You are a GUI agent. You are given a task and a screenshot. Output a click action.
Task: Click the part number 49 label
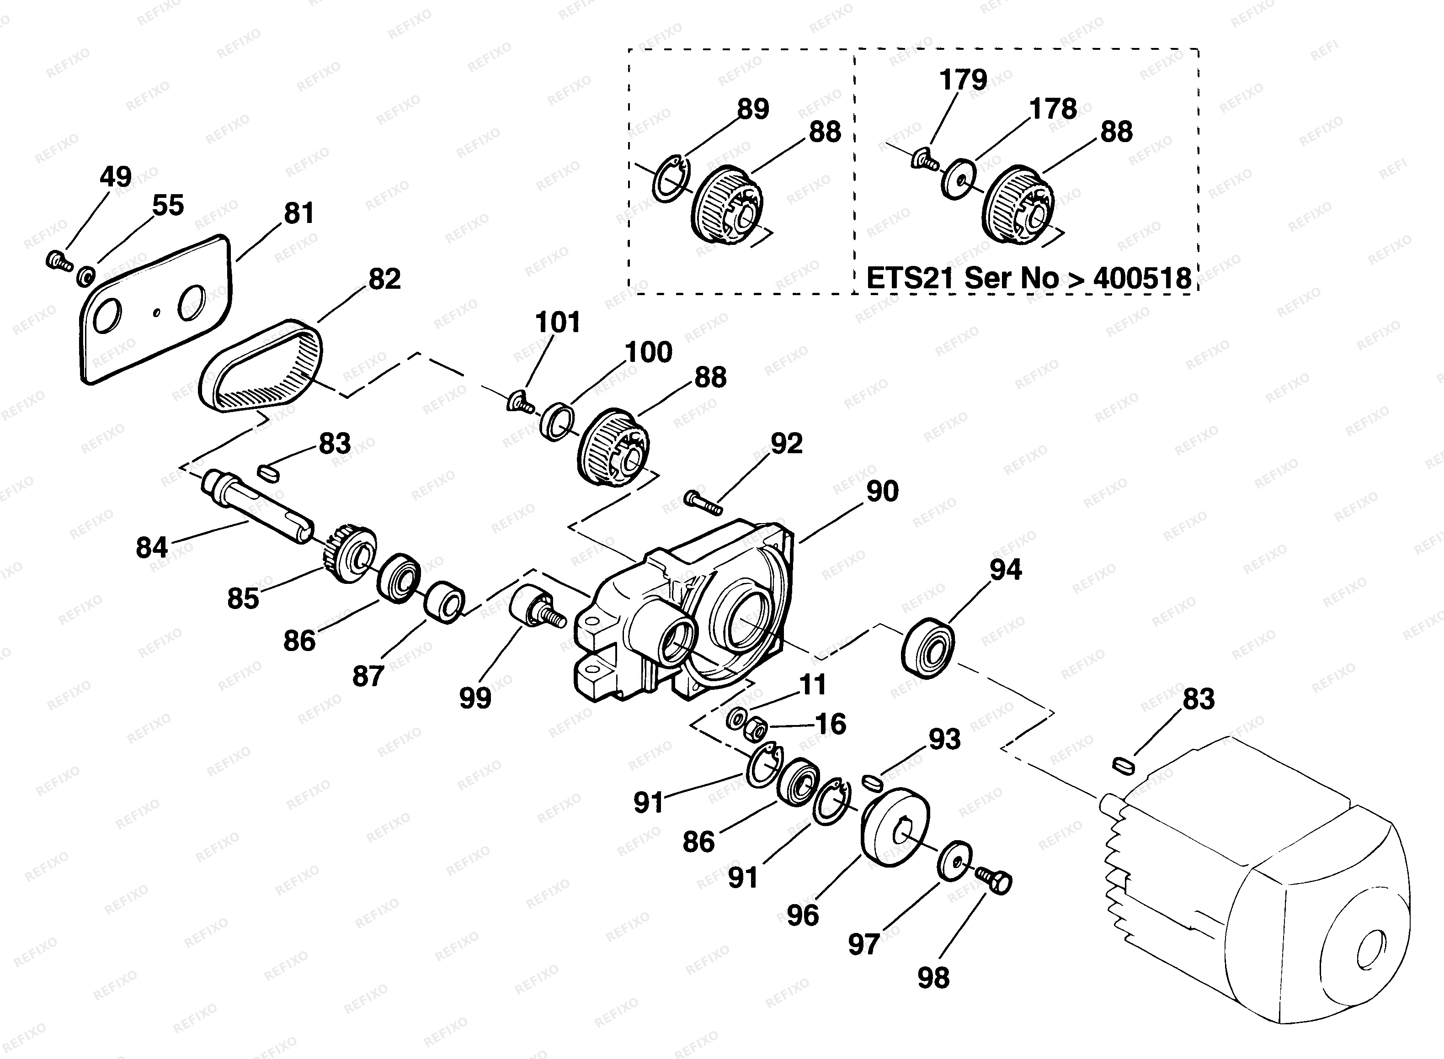tap(115, 176)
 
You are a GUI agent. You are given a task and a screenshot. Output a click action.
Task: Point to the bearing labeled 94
tap(927, 646)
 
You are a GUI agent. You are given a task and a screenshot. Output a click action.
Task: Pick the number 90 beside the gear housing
tap(882, 492)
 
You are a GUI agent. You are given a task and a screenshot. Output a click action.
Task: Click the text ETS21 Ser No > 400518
tap(1028, 278)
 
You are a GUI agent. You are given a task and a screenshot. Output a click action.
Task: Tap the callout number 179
tap(963, 80)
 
